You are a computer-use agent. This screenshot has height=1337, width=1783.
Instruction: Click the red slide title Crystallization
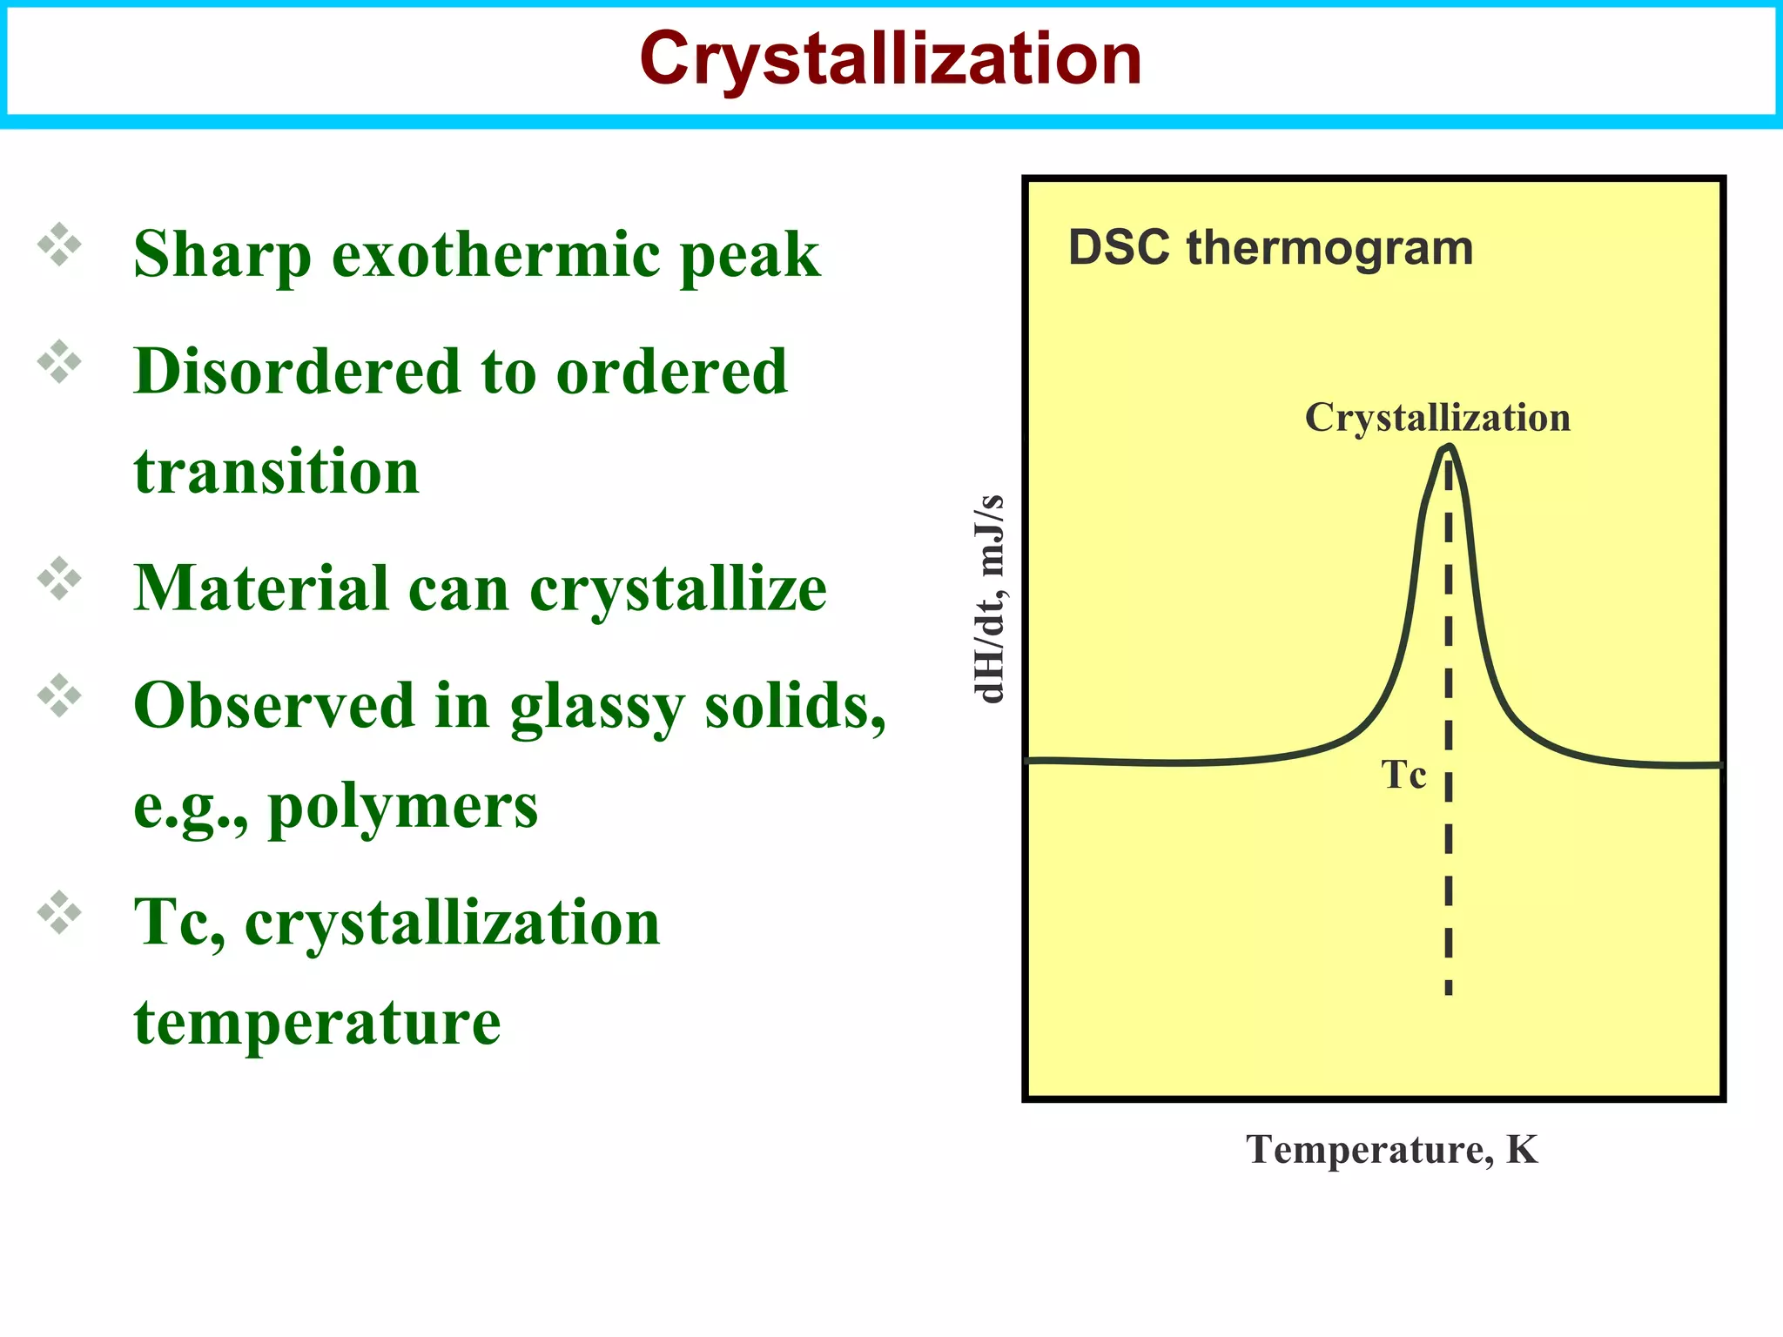[x=890, y=59]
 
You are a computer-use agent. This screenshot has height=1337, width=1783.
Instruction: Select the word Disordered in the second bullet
[x=296, y=372]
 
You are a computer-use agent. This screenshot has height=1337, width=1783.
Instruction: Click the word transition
[x=276, y=472]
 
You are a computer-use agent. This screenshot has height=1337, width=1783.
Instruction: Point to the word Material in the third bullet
[x=260, y=588]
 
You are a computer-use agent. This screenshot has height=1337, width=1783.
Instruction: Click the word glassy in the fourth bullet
[x=596, y=707]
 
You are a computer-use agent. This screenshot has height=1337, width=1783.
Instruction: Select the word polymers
[x=402, y=807]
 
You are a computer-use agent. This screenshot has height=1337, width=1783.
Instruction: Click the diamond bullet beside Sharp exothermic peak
[x=59, y=245]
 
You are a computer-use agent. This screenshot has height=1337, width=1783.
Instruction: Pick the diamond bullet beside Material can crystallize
[x=59, y=578]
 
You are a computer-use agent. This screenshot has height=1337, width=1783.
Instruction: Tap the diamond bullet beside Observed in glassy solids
[x=59, y=695]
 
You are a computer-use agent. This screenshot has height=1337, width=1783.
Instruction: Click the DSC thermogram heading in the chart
[x=1270, y=248]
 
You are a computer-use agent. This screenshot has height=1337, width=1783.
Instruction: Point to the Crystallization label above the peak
[x=1437, y=418]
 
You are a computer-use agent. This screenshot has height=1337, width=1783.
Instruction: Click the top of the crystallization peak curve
[x=1449, y=447]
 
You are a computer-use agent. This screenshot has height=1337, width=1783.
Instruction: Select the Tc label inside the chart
[x=1403, y=775]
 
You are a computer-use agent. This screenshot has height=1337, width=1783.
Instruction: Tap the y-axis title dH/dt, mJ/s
[x=989, y=599]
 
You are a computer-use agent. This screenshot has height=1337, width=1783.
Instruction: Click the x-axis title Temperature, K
[x=1391, y=1150]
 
